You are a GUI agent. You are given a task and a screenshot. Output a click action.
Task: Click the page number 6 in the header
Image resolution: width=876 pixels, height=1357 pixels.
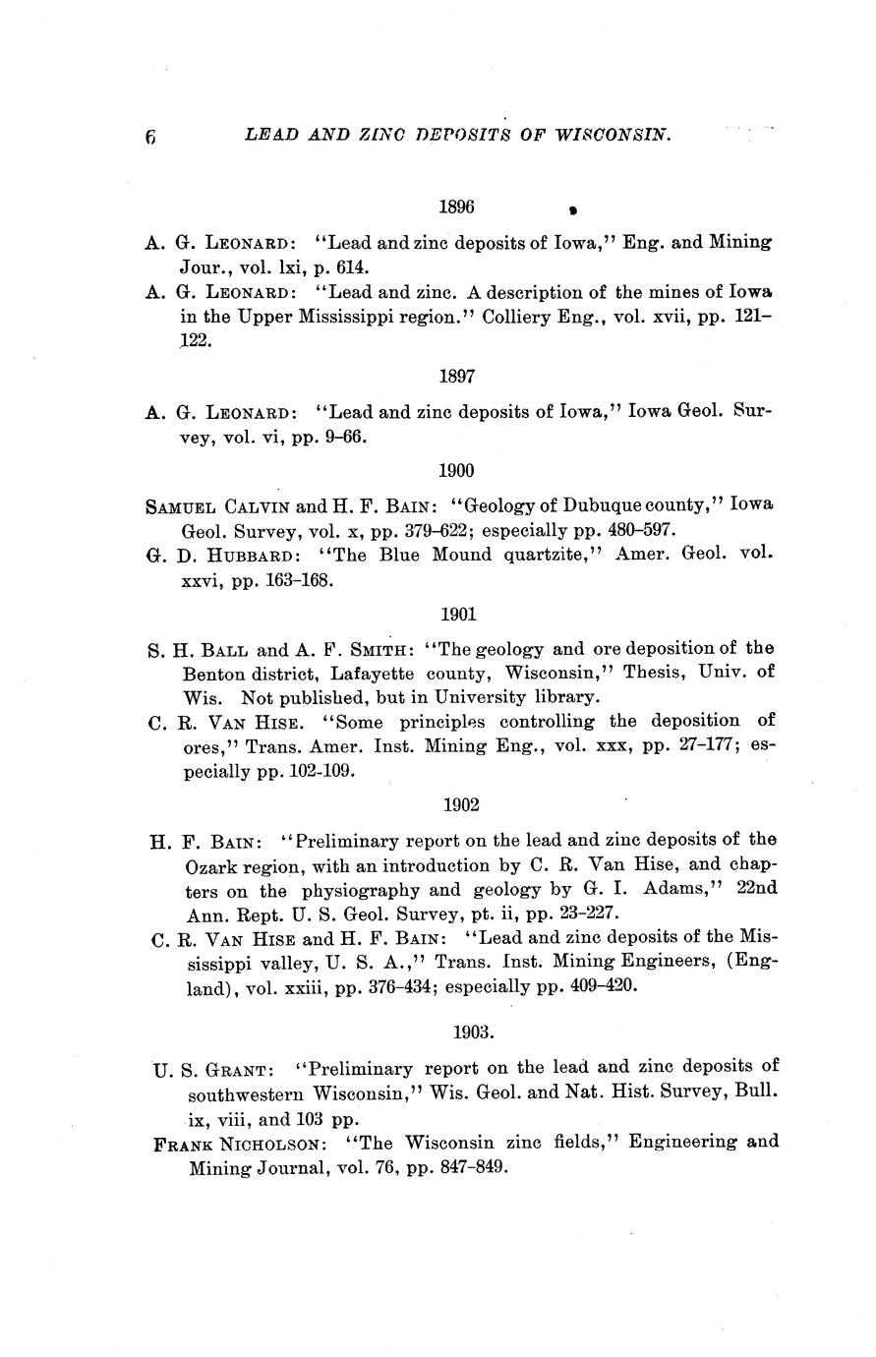click(150, 138)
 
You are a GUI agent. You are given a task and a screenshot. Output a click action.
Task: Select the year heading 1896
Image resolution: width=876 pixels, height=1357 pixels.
click(456, 207)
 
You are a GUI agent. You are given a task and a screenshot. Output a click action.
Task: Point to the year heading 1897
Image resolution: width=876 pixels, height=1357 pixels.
click(456, 376)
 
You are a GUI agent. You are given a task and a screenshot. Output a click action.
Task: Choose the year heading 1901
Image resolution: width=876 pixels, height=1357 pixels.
click(458, 615)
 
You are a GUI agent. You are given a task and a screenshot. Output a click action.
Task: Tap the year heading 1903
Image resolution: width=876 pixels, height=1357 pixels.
click(472, 1032)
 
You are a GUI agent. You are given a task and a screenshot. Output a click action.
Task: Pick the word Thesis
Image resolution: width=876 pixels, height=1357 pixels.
click(650, 674)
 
